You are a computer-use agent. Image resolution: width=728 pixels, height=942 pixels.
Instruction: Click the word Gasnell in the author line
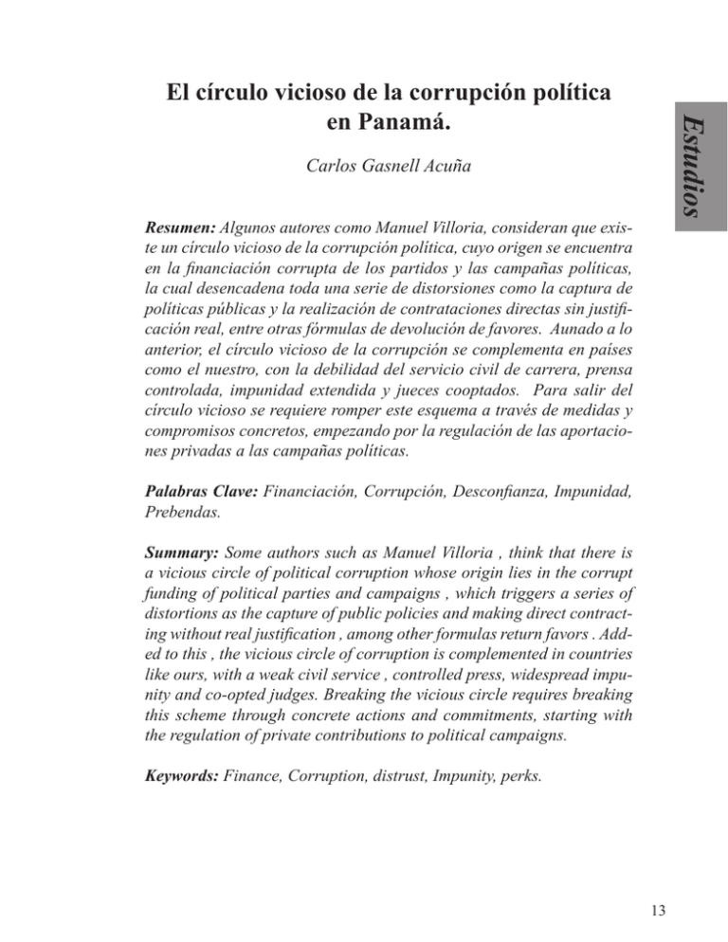[x=386, y=171]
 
